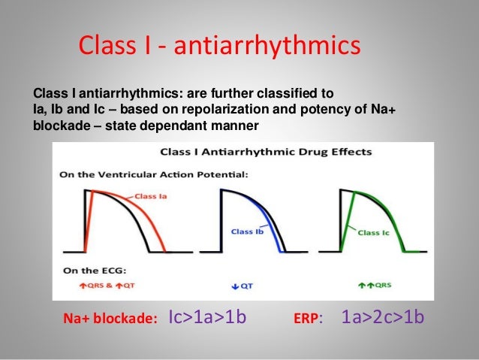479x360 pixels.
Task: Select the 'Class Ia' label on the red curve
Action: pyautogui.click(x=152, y=196)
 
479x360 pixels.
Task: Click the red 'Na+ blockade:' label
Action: pyautogui.click(x=110, y=319)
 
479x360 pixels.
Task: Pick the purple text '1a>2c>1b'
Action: pyautogui.click(x=382, y=317)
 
